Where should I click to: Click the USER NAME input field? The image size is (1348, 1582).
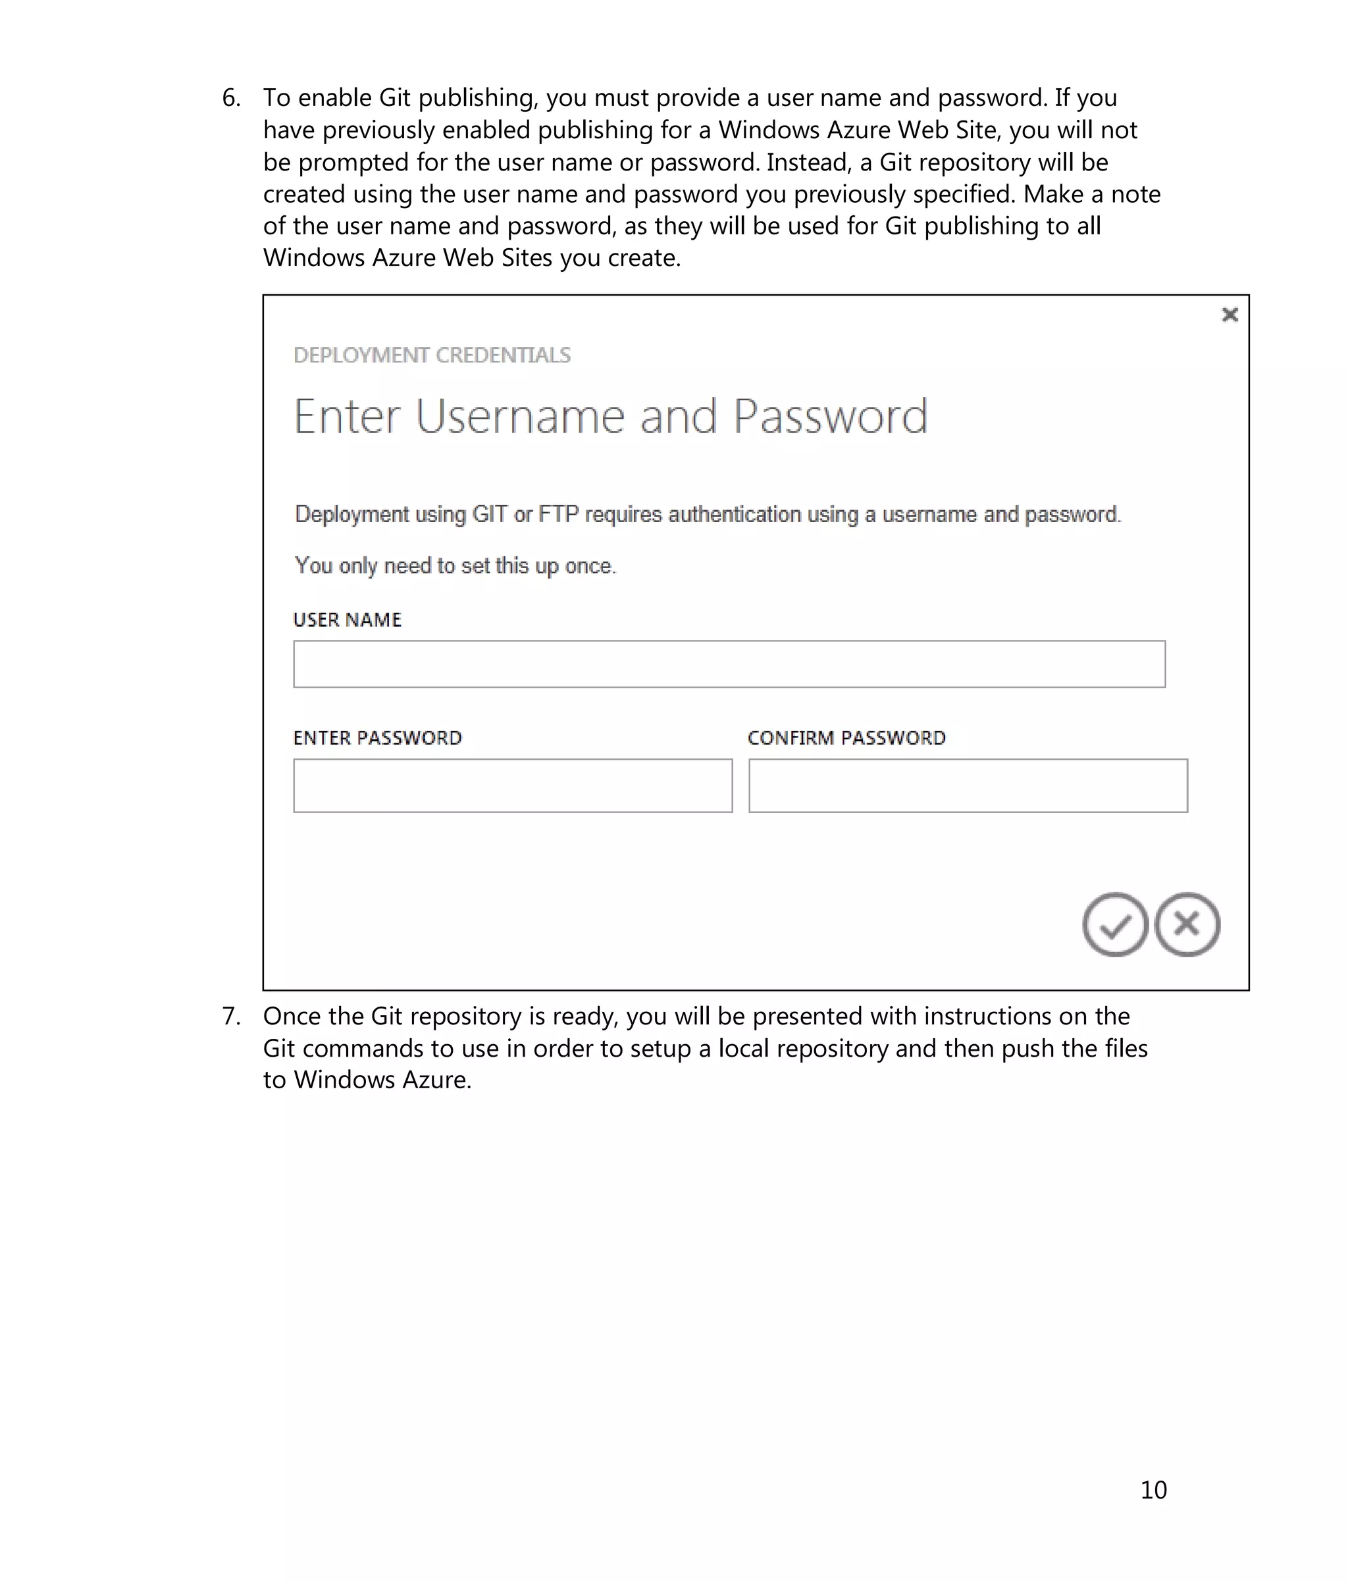pos(729,664)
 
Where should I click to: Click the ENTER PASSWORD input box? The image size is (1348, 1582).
pos(512,785)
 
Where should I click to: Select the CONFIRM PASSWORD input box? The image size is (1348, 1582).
pos(967,785)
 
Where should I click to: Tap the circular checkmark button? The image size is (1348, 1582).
pos(1114,924)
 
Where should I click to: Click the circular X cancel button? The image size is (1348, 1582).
pos(1186,924)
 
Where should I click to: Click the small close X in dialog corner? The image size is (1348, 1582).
pos(1229,315)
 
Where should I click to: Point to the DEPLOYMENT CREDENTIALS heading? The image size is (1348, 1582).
pos(432,355)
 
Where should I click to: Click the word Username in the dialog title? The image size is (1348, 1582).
pos(520,417)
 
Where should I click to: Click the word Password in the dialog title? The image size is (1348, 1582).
pos(830,417)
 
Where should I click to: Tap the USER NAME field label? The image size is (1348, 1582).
pos(348,620)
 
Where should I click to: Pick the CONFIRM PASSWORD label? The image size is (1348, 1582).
pos(846,738)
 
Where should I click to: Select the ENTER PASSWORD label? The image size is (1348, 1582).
pos(378,738)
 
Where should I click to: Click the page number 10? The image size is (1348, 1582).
pos(1153,1490)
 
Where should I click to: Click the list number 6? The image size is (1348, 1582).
pos(230,97)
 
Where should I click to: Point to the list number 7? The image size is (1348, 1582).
pos(230,1016)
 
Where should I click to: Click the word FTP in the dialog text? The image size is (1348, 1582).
pos(558,515)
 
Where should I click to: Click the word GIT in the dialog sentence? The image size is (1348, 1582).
pos(489,515)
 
